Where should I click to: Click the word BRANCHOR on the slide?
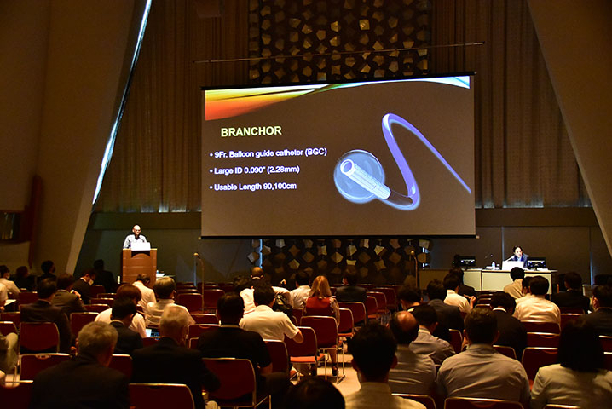(251, 131)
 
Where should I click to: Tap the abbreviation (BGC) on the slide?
(315, 153)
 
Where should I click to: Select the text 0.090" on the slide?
(256, 170)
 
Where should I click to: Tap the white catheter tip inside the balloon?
(365, 179)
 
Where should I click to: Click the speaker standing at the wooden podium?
(135, 237)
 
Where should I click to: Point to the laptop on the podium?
(141, 246)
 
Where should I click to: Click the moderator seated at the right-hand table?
(519, 256)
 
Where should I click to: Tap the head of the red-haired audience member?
(321, 286)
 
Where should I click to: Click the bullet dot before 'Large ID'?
(211, 172)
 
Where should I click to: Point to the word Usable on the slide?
(226, 187)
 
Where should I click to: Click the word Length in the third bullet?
(251, 187)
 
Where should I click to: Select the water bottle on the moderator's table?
(494, 265)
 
